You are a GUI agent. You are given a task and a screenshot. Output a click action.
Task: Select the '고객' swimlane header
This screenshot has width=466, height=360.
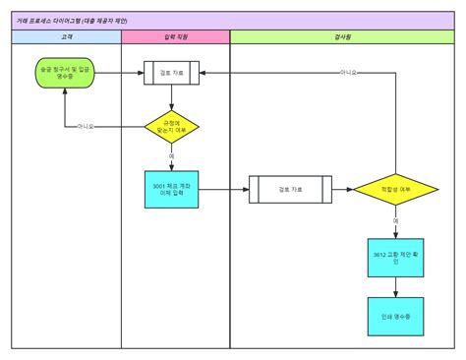tap(66, 37)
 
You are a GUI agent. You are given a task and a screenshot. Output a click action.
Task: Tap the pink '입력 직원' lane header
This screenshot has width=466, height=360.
tap(175, 37)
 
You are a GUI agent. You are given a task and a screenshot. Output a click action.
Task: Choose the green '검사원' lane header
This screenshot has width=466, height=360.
tap(340, 37)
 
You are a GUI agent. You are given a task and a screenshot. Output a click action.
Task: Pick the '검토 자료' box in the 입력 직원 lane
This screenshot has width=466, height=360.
tap(171, 73)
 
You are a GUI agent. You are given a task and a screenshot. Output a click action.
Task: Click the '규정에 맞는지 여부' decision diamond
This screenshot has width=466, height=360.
tap(171, 127)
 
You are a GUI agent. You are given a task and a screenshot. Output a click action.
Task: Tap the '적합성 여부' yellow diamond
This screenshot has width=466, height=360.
tap(396, 189)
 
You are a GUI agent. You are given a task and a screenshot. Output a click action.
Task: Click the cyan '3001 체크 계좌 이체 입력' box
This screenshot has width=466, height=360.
tap(171, 190)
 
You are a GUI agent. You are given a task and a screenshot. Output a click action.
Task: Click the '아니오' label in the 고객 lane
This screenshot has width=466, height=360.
tap(86, 127)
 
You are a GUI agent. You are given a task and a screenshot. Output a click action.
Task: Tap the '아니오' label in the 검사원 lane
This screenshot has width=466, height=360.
tap(348, 73)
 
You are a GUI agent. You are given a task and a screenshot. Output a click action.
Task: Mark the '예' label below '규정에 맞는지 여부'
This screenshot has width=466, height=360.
tap(171, 155)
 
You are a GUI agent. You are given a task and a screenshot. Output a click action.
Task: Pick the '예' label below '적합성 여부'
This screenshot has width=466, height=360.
tap(396, 221)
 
